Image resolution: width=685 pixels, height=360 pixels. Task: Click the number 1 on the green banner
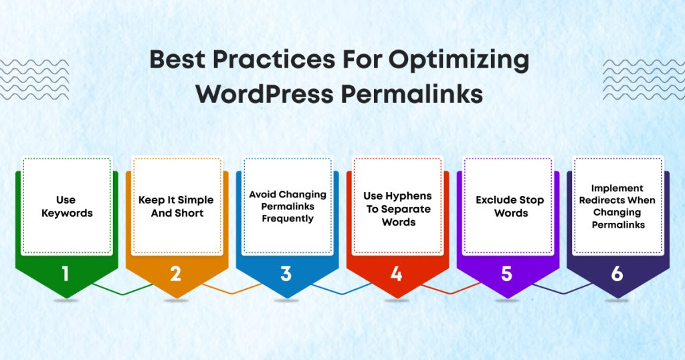pyautogui.click(x=65, y=274)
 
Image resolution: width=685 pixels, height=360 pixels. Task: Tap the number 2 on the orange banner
pyautogui.click(x=175, y=274)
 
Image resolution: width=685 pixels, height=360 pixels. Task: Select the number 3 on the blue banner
pyautogui.click(x=286, y=274)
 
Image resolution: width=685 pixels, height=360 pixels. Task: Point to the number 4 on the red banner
pyautogui.click(x=396, y=274)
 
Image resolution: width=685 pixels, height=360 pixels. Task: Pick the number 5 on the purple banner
pyautogui.click(x=506, y=274)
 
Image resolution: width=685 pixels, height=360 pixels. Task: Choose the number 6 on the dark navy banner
pyautogui.click(x=617, y=274)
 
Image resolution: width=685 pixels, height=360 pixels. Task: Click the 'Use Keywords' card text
pyautogui.click(x=66, y=206)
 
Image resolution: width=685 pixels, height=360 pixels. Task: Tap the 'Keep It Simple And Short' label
pyautogui.click(x=175, y=206)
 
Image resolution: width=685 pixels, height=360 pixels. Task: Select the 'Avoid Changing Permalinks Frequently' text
pyautogui.click(x=288, y=206)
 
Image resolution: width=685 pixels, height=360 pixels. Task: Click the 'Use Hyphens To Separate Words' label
pyautogui.click(x=397, y=209)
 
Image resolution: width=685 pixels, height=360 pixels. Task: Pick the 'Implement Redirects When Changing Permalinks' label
pyautogui.click(x=618, y=206)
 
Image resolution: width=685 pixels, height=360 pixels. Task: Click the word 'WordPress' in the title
pyautogui.click(x=264, y=94)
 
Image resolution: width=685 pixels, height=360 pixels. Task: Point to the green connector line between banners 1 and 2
pyautogui.click(x=122, y=290)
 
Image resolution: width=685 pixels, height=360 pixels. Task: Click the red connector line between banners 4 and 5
pyautogui.click(x=452, y=290)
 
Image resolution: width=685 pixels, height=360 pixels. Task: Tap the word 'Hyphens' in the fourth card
pyautogui.click(x=408, y=196)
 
